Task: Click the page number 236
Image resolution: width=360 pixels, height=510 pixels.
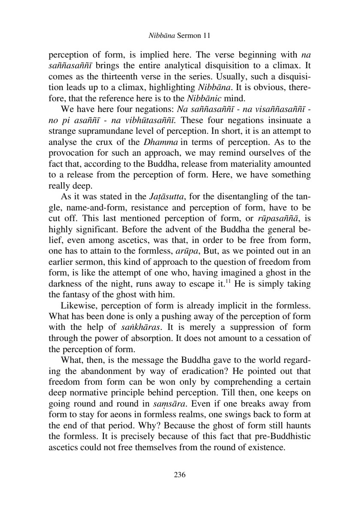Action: click(180, 475)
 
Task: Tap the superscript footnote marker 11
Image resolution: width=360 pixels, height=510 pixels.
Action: click(228, 282)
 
